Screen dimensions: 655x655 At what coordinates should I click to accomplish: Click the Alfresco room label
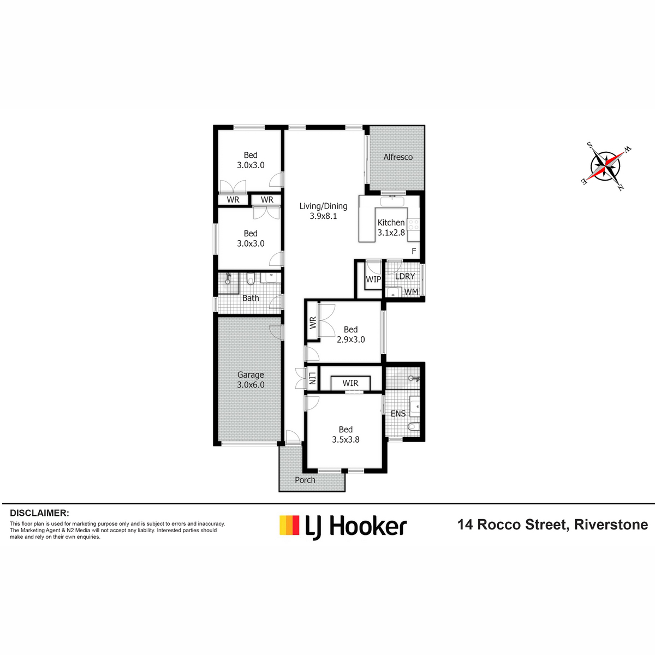pyautogui.click(x=398, y=157)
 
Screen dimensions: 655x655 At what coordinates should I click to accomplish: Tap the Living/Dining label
pyautogui.click(x=323, y=206)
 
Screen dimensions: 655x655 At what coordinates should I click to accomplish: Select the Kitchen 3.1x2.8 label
pyautogui.click(x=391, y=228)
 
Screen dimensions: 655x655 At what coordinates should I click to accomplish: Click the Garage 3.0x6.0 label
pyautogui.click(x=251, y=380)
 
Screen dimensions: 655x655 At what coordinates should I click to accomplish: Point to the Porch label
pyautogui.click(x=305, y=480)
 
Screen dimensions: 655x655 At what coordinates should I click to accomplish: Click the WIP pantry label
pyautogui.click(x=373, y=279)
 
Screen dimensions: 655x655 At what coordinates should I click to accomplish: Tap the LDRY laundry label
pyautogui.click(x=405, y=276)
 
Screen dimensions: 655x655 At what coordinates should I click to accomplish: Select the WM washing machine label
pyautogui.click(x=412, y=291)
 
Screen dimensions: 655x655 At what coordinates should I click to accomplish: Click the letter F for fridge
pyautogui.click(x=414, y=251)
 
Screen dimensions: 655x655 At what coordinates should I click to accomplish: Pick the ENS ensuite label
pyautogui.click(x=398, y=414)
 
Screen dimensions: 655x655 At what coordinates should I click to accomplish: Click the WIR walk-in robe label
pyautogui.click(x=350, y=383)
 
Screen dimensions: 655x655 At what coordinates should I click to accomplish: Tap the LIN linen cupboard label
pyautogui.click(x=312, y=378)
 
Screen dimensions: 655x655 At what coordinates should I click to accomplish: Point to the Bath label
pyautogui.click(x=251, y=298)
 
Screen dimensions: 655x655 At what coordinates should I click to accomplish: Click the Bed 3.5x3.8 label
pyautogui.click(x=346, y=434)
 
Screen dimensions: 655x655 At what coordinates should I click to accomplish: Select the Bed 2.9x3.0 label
pyautogui.click(x=350, y=335)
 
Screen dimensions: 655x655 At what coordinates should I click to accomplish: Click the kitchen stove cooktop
pyautogui.click(x=414, y=225)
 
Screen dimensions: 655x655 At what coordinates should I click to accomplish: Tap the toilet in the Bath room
pyautogui.click(x=251, y=279)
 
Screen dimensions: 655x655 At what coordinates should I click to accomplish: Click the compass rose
pyautogui.click(x=605, y=166)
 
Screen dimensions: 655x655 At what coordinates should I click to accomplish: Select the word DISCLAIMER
pyautogui.click(x=39, y=513)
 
